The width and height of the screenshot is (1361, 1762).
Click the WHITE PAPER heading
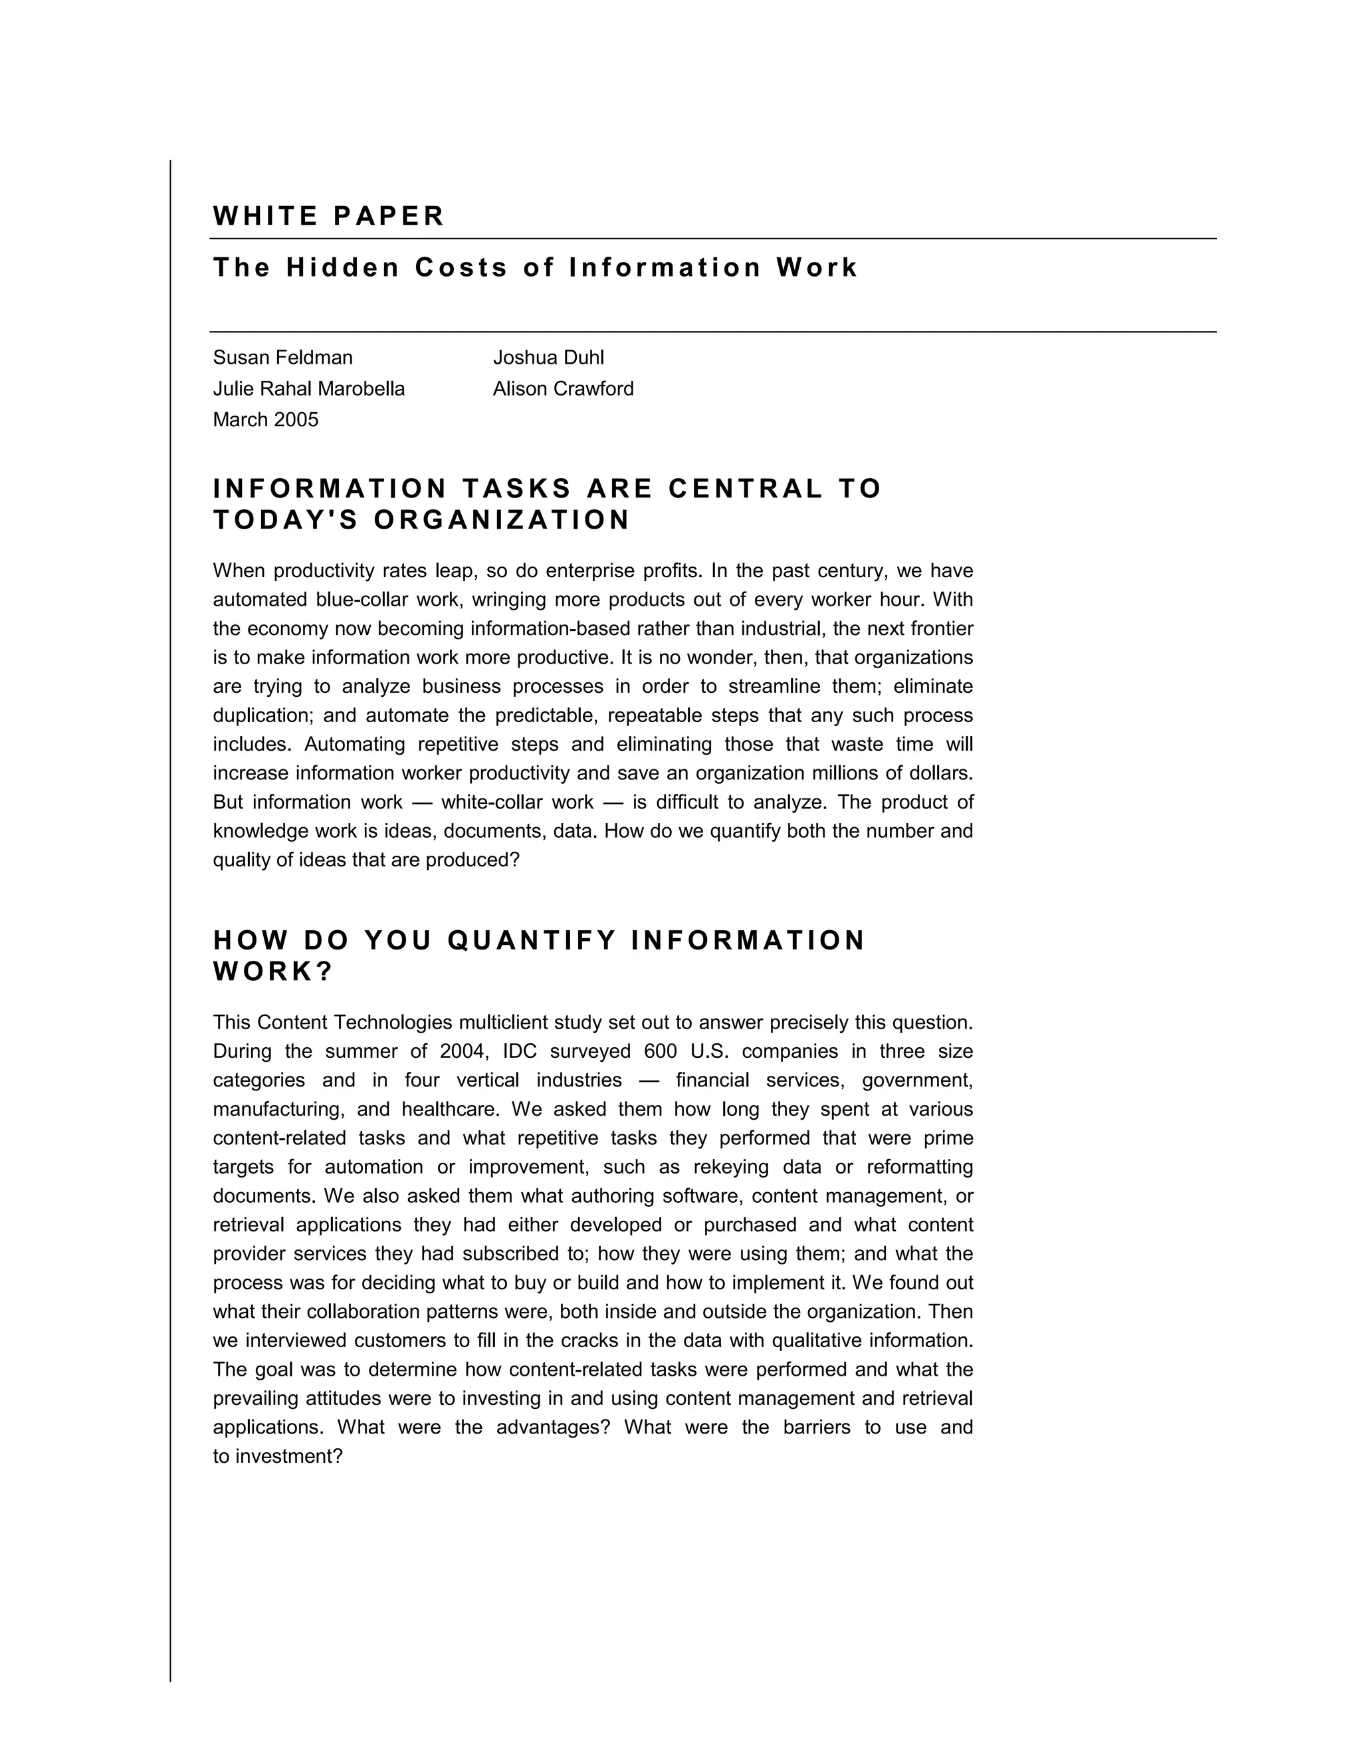click(x=328, y=216)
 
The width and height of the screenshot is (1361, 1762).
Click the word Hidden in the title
click(x=343, y=267)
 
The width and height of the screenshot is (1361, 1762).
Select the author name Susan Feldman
click(x=282, y=358)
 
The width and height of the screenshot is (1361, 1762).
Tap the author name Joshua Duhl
click(x=548, y=358)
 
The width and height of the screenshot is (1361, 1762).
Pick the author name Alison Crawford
click(x=563, y=389)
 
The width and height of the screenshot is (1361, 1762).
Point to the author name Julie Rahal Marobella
click(x=309, y=389)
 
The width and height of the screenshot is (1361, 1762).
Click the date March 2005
click(x=265, y=420)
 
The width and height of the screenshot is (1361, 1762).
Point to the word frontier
click(x=942, y=628)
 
